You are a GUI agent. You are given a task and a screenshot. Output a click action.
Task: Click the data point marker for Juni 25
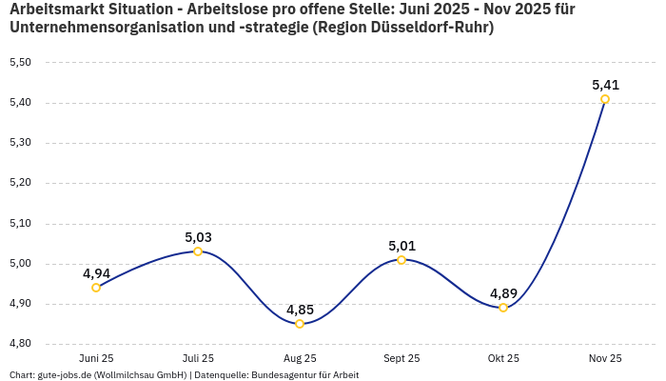coord(96,288)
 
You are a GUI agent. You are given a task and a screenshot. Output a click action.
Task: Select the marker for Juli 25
coord(198,251)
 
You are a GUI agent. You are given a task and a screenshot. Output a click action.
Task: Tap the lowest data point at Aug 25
coord(300,324)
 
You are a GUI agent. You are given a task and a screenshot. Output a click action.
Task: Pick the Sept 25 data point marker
coord(402,260)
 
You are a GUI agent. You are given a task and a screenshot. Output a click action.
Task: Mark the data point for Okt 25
coord(503,308)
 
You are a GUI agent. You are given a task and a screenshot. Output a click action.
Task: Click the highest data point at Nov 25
coord(605,99)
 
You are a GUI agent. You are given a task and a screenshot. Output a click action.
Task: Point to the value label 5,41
coord(605,85)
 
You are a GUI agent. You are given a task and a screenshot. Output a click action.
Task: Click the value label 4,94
coord(96,273)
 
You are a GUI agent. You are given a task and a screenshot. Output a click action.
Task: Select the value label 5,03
coord(198,237)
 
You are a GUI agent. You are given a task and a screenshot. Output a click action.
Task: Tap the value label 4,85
coord(300,310)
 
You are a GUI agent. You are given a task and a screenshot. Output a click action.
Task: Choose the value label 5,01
coord(402,246)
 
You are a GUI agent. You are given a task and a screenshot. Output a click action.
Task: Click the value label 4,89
coord(503,293)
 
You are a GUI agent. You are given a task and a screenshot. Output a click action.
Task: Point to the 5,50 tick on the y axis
coord(20,63)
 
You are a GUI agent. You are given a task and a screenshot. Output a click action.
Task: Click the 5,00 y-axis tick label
coord(20,264)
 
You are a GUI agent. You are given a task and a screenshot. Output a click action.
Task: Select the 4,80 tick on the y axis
coord(20,344)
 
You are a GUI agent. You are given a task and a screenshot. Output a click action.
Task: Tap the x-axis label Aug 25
coord(300,358)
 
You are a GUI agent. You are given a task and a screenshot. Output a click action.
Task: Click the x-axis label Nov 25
coord(605,358)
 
